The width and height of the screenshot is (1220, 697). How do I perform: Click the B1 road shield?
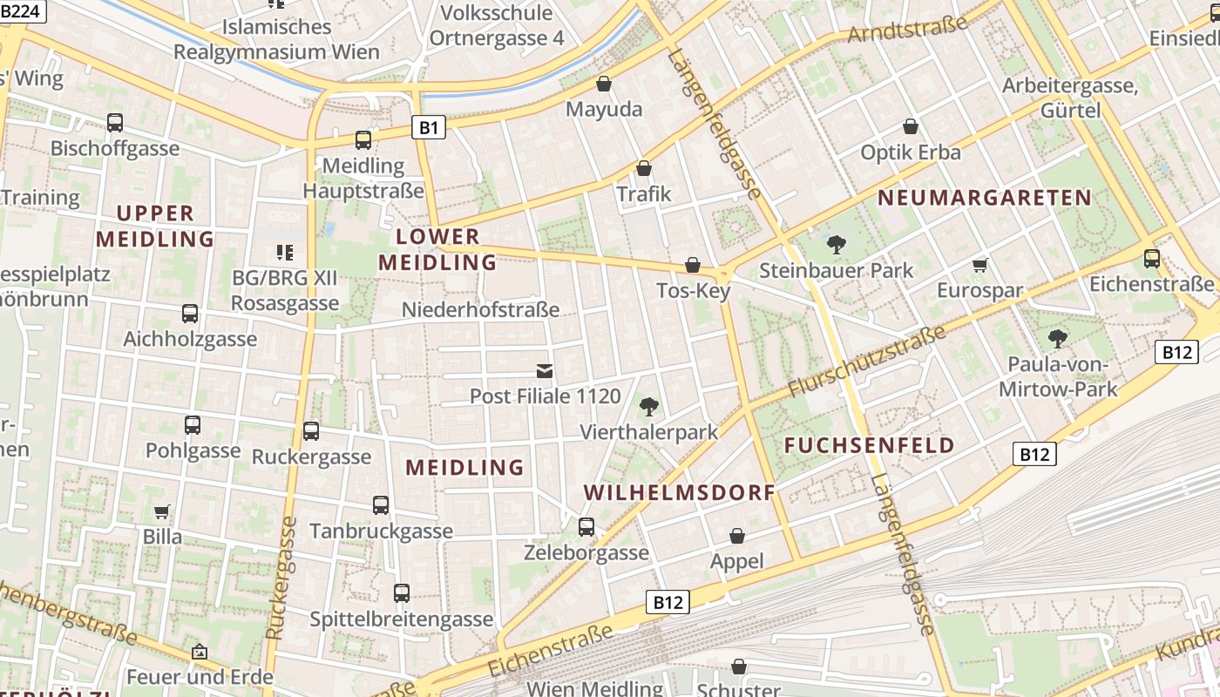(x=428, y=128)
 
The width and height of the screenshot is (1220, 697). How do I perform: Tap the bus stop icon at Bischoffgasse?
(x=115, y=123)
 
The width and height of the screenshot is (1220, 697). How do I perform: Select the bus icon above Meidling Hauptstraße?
(x=363, y=139)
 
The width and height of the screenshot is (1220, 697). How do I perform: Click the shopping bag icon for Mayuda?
(x=603, y=84)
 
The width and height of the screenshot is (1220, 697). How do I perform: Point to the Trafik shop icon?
(x=644, y=168)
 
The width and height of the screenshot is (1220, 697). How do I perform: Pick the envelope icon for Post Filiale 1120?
(x=545, y=371)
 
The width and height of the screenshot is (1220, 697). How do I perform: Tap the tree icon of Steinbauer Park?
(x=836, y=245)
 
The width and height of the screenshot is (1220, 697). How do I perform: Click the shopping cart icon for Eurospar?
(x=980, y=265)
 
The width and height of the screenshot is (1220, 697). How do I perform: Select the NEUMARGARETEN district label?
(x=984, y=198)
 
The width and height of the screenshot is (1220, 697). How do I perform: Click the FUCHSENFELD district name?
(x=869, y=445)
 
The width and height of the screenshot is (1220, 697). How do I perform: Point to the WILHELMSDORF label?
(x=679, y=492)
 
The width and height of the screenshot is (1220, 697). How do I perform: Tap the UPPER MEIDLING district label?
(x=155, y=226)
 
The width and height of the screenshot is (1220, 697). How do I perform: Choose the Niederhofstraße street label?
(x=480, y=310)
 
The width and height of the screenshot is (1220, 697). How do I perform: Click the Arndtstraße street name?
(x=908, y=31)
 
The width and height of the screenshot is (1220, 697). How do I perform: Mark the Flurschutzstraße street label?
(x=866, y=362)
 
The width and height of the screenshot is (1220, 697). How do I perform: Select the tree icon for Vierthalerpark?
(x=648, y=406)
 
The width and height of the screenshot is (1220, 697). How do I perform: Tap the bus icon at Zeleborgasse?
(x=586, y=526)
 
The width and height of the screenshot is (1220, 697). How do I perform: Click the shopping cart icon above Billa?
(x=161, y=511)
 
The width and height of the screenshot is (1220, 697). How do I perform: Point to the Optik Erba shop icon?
(x=911, y=126)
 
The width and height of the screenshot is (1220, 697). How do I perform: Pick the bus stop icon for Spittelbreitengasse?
(x=402, y=593)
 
